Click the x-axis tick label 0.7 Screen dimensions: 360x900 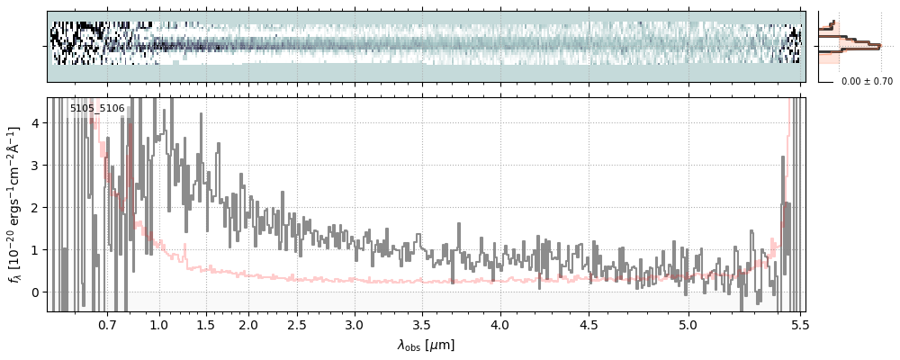coord(107,324)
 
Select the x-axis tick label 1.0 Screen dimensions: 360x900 coord(159,324)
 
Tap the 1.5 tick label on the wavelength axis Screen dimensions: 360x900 coord(205,324)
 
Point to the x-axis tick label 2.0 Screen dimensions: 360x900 coord(248,324)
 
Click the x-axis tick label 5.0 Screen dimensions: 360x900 coord(688,324)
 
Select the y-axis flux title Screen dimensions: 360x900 coord(14,204)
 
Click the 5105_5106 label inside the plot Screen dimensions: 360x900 coord(97,109)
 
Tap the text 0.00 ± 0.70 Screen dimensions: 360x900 coord(867,81)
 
